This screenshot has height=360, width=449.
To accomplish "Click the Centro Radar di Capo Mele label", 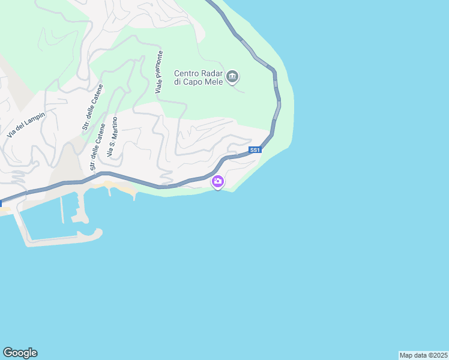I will click(199, 78).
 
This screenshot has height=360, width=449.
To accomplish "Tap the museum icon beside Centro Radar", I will click(233, 77).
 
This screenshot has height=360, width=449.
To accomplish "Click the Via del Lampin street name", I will click(26, 124).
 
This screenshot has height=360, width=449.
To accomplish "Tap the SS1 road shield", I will click(255, 150).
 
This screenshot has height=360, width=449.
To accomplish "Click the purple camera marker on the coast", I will click(218, 181).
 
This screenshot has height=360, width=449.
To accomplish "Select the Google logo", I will click(20, 353).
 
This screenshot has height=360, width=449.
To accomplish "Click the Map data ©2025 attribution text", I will click(423, 355).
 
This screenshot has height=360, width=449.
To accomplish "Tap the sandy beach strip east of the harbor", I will click(123, 190).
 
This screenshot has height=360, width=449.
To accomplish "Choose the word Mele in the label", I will click(213, 82).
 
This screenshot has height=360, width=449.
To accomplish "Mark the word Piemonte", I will click(159, 68).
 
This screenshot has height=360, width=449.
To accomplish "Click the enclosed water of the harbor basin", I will click(45, 222).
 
